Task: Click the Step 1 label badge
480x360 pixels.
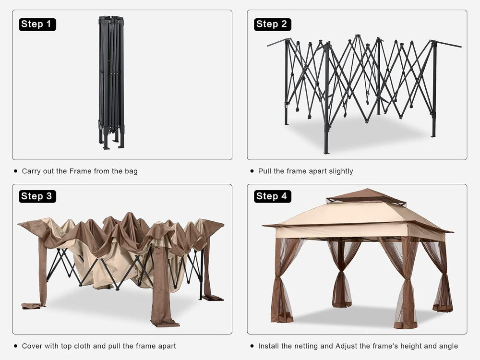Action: (37, 24)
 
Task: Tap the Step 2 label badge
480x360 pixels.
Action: (273, 24)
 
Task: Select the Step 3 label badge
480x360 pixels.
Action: (37, 196)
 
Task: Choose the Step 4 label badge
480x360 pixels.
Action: (273, 196)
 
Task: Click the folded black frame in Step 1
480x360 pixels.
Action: (111, 83)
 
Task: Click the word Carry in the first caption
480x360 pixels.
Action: (31, 171)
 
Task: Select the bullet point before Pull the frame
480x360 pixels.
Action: (252, 171)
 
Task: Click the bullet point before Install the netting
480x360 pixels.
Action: (252, 346)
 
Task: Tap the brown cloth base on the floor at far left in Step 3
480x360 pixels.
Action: (32, 305)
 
